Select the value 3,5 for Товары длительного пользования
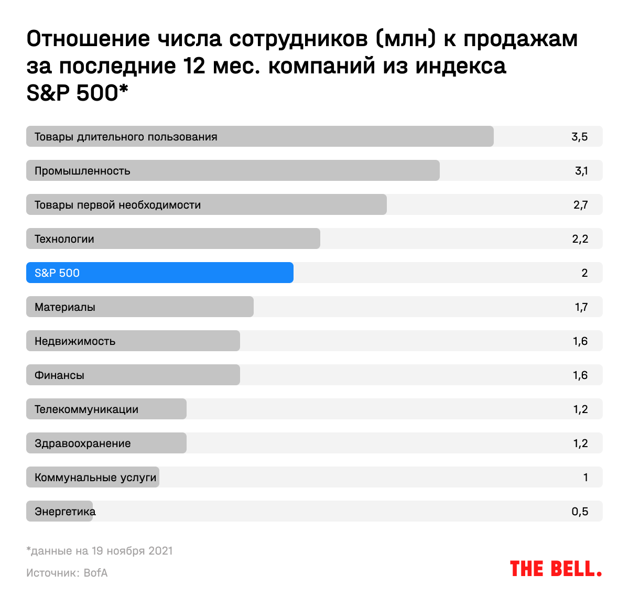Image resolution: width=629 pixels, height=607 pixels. pos(580,137)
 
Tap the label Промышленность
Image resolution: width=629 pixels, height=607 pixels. pos(82,171)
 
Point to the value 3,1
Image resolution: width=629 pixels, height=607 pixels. pos(581,171)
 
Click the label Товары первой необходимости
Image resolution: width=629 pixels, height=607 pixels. pos(118,205)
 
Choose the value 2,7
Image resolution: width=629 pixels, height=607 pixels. pos(580,205)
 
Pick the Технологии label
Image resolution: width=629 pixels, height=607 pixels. pos(64,239)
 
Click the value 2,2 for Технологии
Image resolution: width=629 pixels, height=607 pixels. pos(580,239)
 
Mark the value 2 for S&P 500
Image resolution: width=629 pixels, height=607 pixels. pos(584,273)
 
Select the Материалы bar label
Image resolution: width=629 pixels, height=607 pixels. pos(65,307)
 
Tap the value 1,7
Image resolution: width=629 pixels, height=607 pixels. pos(581,307)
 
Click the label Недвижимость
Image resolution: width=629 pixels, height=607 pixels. pos(75,341)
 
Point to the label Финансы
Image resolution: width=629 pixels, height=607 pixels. pos(59,375)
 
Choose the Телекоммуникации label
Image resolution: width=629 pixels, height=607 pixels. pos(86,409)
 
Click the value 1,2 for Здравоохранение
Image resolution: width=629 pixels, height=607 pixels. pos(580,443)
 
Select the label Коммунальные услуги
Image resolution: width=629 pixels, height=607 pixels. pos(95,478)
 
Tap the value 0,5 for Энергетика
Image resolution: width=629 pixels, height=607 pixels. pos(580,512)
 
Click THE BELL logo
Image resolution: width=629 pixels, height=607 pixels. pos(556,569)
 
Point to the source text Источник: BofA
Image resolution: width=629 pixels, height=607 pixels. pos(67,573)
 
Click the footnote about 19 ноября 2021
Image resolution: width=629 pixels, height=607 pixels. pos(100,551)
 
